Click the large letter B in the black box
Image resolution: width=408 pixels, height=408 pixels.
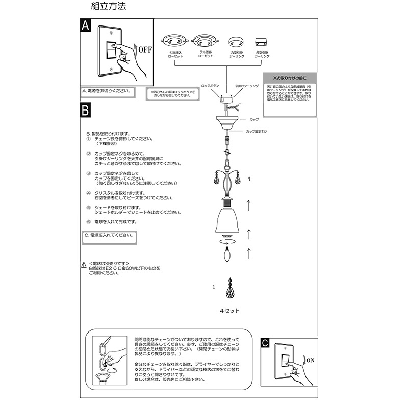[x=86, y=110]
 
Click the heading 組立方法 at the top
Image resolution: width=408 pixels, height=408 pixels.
[x=108, y=7]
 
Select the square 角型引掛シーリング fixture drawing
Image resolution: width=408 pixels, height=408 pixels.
[x=262, y=41]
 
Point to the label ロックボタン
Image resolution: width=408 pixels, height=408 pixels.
[x=210, y=86]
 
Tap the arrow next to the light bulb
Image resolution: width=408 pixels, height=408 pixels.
[x=248, y=252]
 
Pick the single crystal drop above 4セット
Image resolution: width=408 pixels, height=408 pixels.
[x=230, y=291]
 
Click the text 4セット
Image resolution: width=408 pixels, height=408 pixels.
[x=229, y=311]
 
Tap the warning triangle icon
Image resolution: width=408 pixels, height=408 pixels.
[x=84, y=264]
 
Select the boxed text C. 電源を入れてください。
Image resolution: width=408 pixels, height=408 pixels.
[x=109, y=236]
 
